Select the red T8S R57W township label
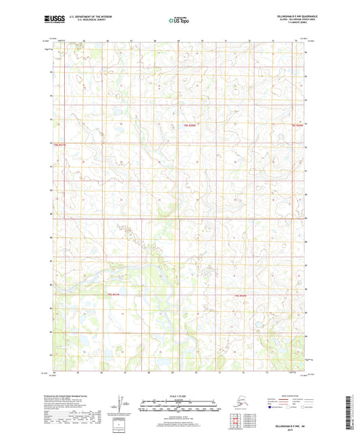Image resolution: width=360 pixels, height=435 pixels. point(60,144)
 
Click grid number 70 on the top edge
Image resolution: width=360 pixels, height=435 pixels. point(203,41)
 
